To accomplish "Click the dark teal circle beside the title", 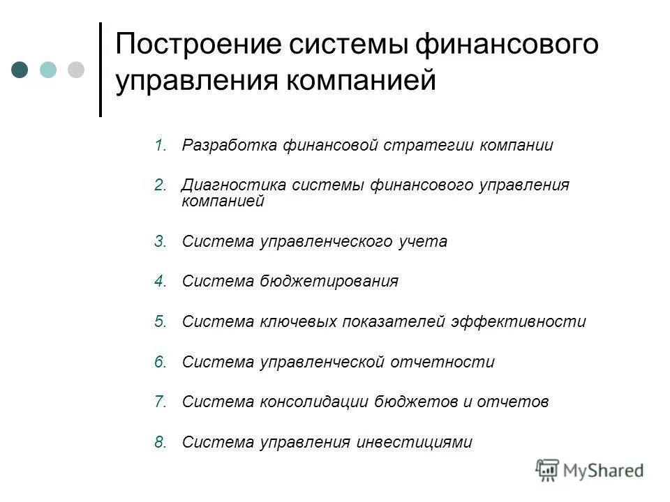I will [20, 70].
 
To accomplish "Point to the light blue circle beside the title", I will [48, 70].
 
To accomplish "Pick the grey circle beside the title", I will [75, 70].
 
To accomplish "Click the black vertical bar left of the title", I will [100, 70].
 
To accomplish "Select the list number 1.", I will [161, 146].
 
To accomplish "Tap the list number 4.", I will [161, 282].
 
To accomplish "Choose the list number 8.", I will [161, 442].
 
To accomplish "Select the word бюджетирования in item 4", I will [330, 282].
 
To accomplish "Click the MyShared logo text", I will [604, 471].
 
